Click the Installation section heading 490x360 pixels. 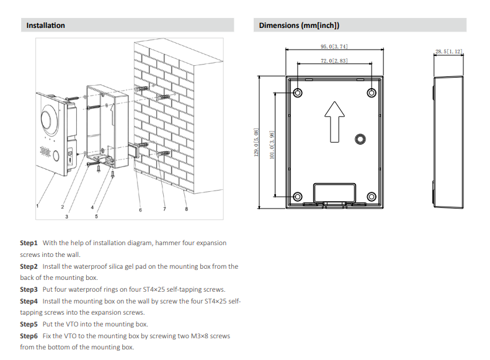(45, 25)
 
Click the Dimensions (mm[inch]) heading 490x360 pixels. (298, 25)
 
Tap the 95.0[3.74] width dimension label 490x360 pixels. (334, 47)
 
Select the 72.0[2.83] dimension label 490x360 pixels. (334, 61)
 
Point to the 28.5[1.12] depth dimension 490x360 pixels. (448, 52)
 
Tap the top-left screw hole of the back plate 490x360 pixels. (298, 93)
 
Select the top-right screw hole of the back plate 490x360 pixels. (371, 93)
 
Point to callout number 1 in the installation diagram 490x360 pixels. (38, 205)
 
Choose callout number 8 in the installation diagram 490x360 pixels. (187, 209)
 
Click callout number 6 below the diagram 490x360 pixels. (140, 210)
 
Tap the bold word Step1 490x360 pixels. (29, 243)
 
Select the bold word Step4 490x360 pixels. (29, 301)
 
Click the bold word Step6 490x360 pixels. (29, 336)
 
